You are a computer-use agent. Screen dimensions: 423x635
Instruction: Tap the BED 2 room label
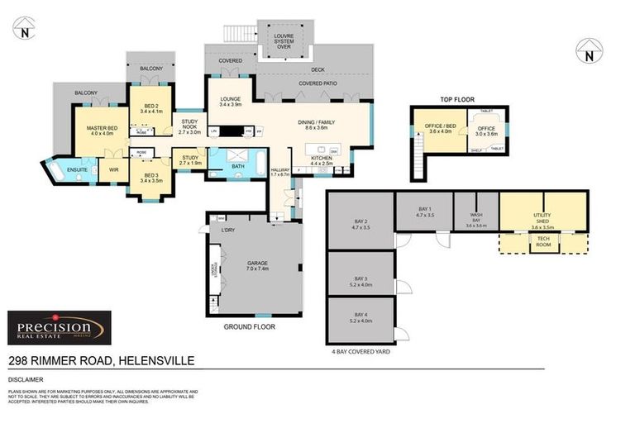pos(152,107)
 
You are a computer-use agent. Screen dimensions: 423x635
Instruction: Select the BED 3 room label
pos(150,178)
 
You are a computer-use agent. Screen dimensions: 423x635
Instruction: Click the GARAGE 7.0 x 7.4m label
pos(257,266)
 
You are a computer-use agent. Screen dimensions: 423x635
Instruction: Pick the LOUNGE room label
pos(230,102)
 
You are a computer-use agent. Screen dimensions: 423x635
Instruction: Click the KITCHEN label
pos(321,161)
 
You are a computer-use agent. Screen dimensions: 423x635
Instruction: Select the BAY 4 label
pos(360,316)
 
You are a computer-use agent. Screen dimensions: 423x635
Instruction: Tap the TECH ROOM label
pos(542,243)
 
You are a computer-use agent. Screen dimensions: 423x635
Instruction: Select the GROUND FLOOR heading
pos(250,326)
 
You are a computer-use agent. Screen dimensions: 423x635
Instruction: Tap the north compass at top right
pos(588,51)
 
